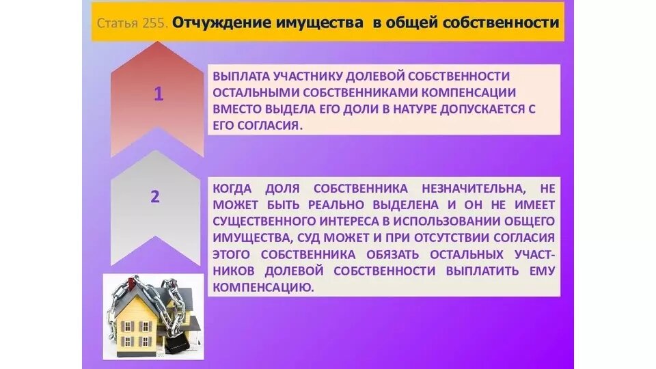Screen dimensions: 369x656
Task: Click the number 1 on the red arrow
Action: coord(159,94)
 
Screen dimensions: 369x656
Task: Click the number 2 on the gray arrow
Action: coord(155,197)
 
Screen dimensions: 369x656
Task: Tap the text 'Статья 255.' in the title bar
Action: coord(132,23)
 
